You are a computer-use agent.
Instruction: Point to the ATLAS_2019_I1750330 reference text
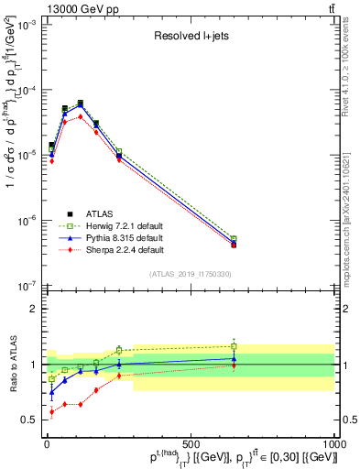(x=191, y=274)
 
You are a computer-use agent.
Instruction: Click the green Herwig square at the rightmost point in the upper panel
(x=234, y=238)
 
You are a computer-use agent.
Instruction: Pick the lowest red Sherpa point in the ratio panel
(x=51, y=412)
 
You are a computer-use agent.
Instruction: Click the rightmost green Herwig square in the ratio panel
(x=234, y=346)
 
